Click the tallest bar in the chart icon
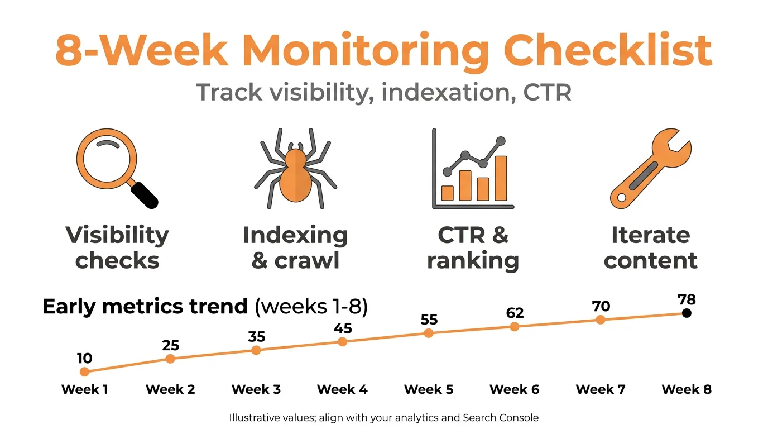click(501, 178)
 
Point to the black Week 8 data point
click(687, 313)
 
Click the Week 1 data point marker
click(84, 371)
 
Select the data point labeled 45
click(343, 341)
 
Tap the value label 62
click(515, 313)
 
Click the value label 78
click(687, 299)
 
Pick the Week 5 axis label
click(429, 389)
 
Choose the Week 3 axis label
click(256, 389)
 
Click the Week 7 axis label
click(601, 389)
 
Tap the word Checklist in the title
click(608, 50)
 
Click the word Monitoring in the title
click(366, 50)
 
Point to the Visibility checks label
click(117, 247)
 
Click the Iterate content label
click(650, 247)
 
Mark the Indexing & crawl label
click(295, 247)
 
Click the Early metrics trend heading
click(145, 307)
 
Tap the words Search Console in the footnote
click(501, 417)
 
